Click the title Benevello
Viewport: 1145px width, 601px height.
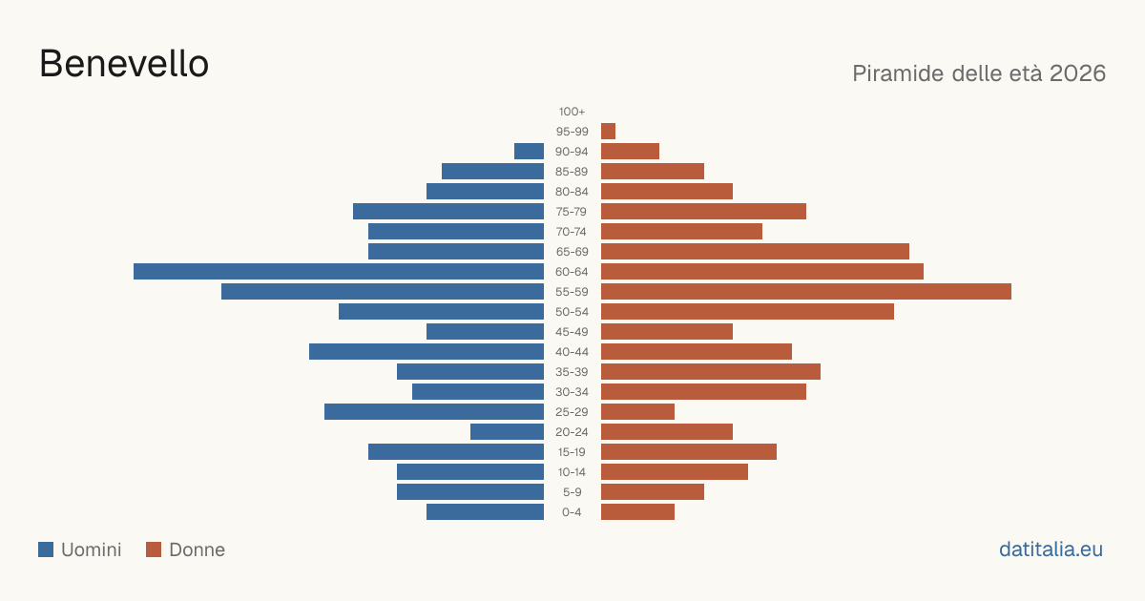pos(124,64)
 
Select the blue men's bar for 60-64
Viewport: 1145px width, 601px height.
pos(339,271)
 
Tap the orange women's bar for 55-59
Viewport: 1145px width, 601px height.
pos(806,291)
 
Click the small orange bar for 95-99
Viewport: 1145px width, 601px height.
pos(609,132)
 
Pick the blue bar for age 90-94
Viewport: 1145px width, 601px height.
pos(529,152)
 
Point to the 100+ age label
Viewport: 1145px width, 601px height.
pos(572,112)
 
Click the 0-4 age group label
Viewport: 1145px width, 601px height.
pos(572,512)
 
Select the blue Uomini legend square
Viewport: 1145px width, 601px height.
pos(46,549)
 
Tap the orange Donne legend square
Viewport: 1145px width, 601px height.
pos(154,549)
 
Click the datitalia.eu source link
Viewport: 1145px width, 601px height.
pos(1051,549)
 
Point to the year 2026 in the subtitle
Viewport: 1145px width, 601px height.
pos(1077,73)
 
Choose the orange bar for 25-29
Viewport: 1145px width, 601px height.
pos(638,411)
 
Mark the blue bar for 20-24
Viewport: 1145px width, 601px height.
pos(507,432)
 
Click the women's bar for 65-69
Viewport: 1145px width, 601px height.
pos(755,252)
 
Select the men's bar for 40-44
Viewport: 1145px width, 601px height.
pos(427,352)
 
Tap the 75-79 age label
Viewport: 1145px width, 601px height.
pos(572,212)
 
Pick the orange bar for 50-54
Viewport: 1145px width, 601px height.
pos(747,312)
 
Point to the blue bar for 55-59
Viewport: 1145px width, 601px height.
pos(383,291)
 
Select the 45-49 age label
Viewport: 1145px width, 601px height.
pos(572,332)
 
